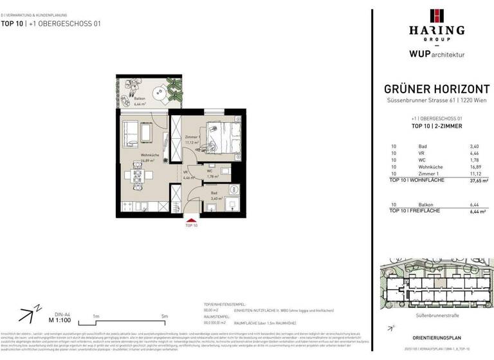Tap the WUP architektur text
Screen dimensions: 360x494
tap(435, 55)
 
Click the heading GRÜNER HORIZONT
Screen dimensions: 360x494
tap(435, 90)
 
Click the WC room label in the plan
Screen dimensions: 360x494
tap(210, 171)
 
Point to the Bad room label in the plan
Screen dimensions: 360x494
tap(215, 195)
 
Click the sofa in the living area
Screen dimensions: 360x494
tap(129, 131)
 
